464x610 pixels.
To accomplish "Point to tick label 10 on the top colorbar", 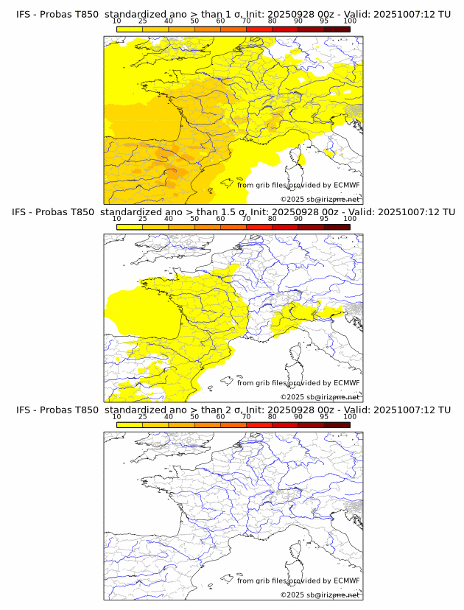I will (117, 22).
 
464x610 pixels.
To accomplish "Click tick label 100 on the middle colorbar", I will (350, 219).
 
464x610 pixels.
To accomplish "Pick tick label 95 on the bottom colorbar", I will (324, 416).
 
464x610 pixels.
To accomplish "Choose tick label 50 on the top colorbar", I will (194, 22).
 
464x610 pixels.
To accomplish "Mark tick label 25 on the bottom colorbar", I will (143, 416).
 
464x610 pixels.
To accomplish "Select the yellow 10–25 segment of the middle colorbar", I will (130, 226).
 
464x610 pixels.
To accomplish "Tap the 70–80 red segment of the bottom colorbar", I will (259, 424).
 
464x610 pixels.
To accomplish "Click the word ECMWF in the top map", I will (346, 186).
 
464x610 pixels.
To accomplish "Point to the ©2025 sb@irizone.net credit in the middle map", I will (320, 396).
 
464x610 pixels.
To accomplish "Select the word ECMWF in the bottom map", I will (346, 581).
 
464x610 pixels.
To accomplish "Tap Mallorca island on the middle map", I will (241, 380).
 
